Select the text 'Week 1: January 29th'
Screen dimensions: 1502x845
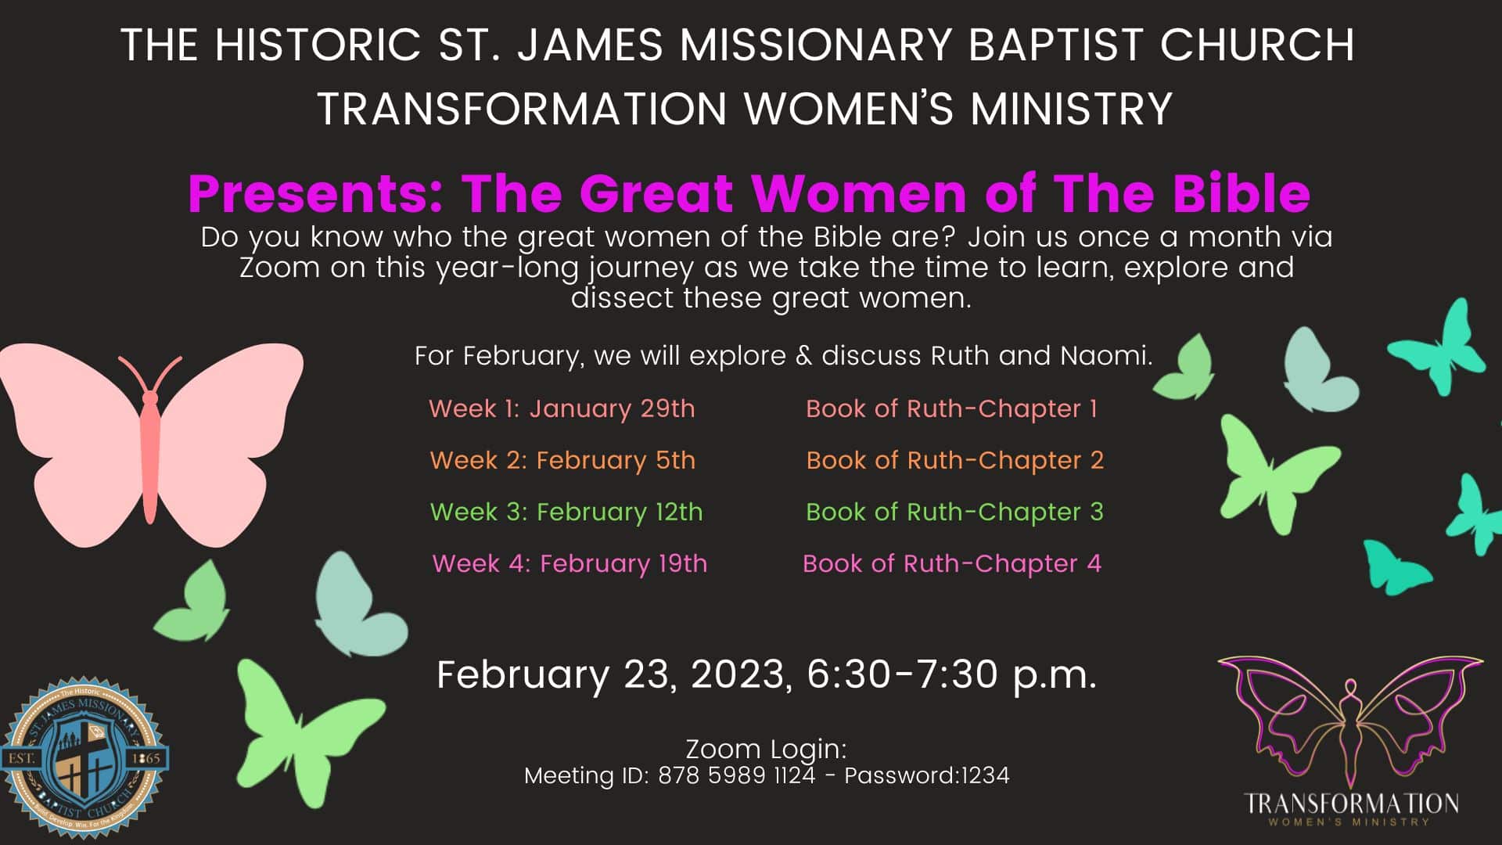(562, 408)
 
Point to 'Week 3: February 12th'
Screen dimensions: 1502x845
(566, 512)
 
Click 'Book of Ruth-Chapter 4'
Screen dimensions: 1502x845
(952, 563)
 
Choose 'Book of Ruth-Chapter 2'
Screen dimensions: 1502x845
(954, 460)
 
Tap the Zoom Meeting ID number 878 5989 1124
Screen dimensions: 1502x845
(736, 775)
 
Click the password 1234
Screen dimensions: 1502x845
(985, 775)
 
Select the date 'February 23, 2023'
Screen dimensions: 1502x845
(610, 674)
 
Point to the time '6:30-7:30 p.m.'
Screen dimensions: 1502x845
(951, 674)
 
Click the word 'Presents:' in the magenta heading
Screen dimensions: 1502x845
(316, 193)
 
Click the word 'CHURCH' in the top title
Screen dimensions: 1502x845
(1257, 45)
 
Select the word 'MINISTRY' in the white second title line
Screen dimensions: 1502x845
(1071, 108)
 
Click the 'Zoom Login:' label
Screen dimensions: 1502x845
(766, 750)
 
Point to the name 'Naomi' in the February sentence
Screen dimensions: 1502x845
(1106, 356)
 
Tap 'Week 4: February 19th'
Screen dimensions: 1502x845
(570, 563)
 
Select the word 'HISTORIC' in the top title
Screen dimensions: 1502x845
(318, 45)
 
